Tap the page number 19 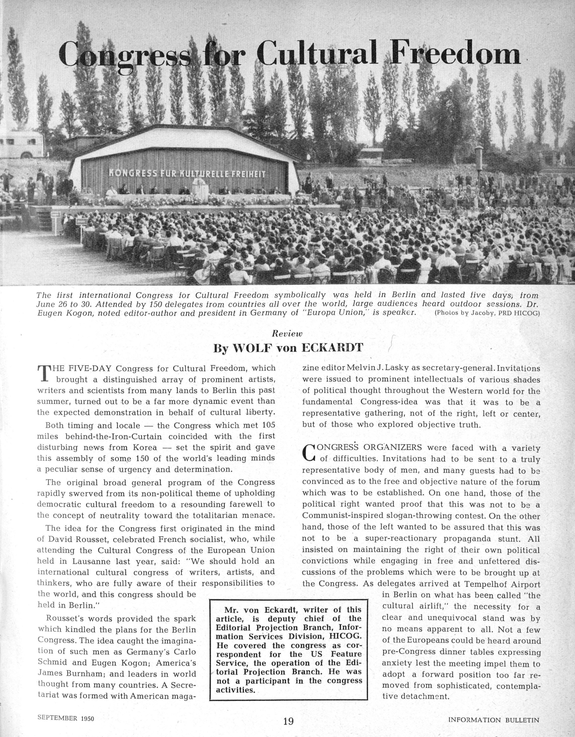tap(288, 721)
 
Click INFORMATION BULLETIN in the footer tap(494, 720)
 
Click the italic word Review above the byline tap(287, 333)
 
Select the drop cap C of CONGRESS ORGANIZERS tap(309, 453)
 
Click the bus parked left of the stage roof tap(22, 145)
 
